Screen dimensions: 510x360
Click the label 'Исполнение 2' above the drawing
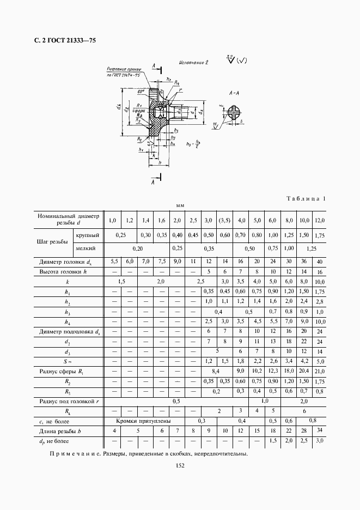[x=193, y=63]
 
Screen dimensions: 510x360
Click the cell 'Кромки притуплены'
[x=144, y=421]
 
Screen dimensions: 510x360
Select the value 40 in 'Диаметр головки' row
[x=319, y=262]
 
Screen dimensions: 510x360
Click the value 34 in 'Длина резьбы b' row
[x=319, y=430]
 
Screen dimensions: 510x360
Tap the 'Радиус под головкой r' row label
[x=69, y=401]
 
